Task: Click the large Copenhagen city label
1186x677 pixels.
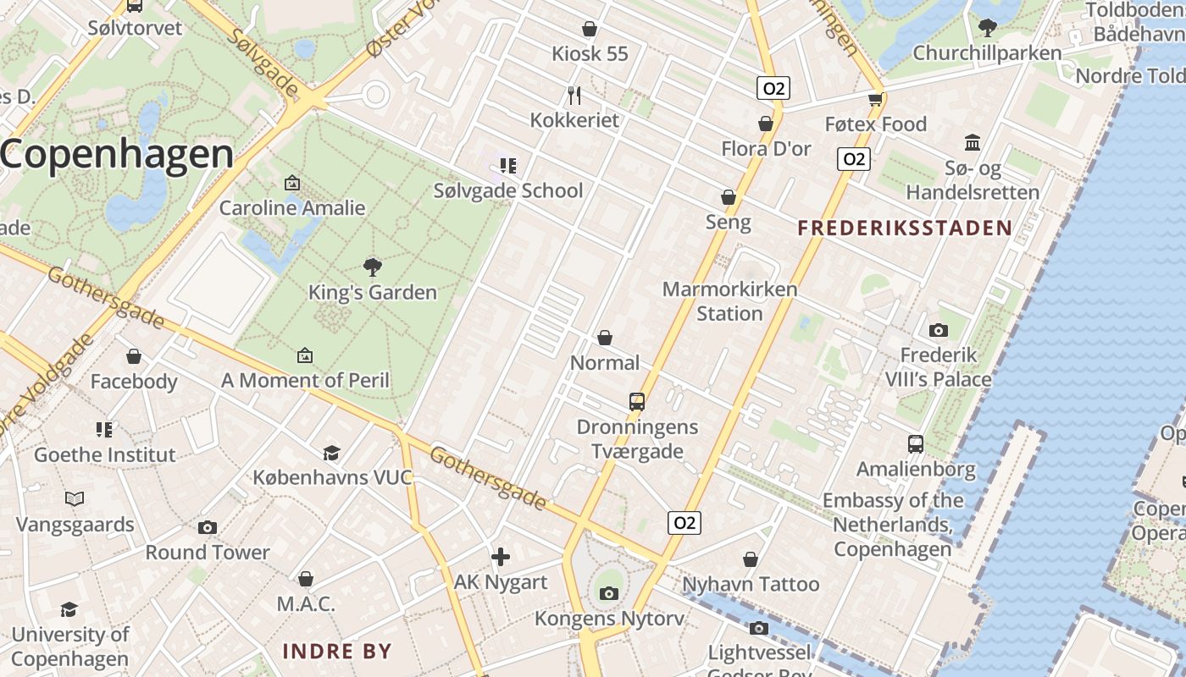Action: pyautogui.click(x=117, y=154)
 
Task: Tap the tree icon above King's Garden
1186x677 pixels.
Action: pyautogui.click(x=372, y=268)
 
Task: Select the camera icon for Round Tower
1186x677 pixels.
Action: pyautogui.click(x=208, y=528)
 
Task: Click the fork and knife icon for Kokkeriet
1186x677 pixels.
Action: pyautogui.click(x=574, y=95)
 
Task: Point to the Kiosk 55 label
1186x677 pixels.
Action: pyautogui.click(x=590, y=54)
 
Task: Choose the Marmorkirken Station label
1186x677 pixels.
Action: pyautogui.click(x=729, y=301)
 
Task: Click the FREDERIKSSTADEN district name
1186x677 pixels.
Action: pyautogui.click(x=905, y=228)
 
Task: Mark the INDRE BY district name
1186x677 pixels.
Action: pyautogui.click(x=336, y=651)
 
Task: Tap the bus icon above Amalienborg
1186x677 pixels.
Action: pyautogui.click(x=915, y=444)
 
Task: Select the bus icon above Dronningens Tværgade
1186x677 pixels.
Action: pyautogui.click(x=637, y=402)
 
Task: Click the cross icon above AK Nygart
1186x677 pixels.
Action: pyautogui.click(x=501, y=557)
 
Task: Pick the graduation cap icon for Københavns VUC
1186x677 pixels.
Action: pyautogui.click(x=331, y=454)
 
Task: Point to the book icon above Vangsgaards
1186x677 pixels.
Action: pyautogui.click(x=75, y=499)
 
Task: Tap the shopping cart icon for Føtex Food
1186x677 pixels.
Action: pyautogui.click(x=876, y=100)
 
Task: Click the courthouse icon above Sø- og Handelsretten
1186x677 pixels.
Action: pyautogui.click(x=973, y=143)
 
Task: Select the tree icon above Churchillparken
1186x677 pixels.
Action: pyautogui.click(x=987, y=28)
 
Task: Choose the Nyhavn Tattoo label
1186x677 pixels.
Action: pyautogui.click(x=751, y=584)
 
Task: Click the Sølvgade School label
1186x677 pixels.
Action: pyautogui.click(x=508, y=190)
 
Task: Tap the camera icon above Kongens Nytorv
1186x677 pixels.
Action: pyautogui.click(x=608, y=593)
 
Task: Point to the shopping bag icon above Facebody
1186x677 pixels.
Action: pyautogui.click(x=133, y=356)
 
